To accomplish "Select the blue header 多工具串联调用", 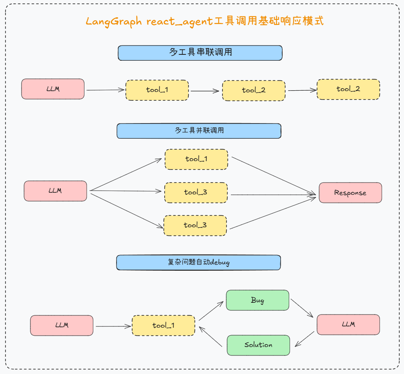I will pyautogui.click(x=200, y=53).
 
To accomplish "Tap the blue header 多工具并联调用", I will pyautogui.click(x=199, y=131).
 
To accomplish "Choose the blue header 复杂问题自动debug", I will pyautogui.click(x=198, y=262).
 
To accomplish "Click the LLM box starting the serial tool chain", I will pyautogui.click(x=53, y=89).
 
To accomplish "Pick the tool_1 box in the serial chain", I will pyautogui.click(x=157, y=90).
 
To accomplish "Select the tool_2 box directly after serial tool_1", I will pyautogui.click(x=254, y=90).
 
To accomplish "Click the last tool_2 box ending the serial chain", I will pyautogui.click(x=348, y=89).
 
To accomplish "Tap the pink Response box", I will pyautogui.click(x=350, y=193).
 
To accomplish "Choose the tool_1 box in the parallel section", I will pyautogui.click(x=196, y=159).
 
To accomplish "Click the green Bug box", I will pyautogui.click(x=258, y=300).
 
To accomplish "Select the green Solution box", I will pyautogui.click(x=258, y=345).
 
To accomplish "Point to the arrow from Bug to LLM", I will pyautogui.click(x=302, y=308).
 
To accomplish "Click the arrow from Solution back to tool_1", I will pyautogui.click(x=211, y=336).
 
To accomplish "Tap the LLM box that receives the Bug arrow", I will pyautogui.click(x=348, y=324).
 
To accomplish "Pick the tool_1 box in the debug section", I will pyautogui.click(x=163, y=326).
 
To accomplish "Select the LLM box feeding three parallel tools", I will pyautogui.click(x=55, y=191).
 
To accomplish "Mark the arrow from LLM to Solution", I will pyautogui.click(x=304, y=339).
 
